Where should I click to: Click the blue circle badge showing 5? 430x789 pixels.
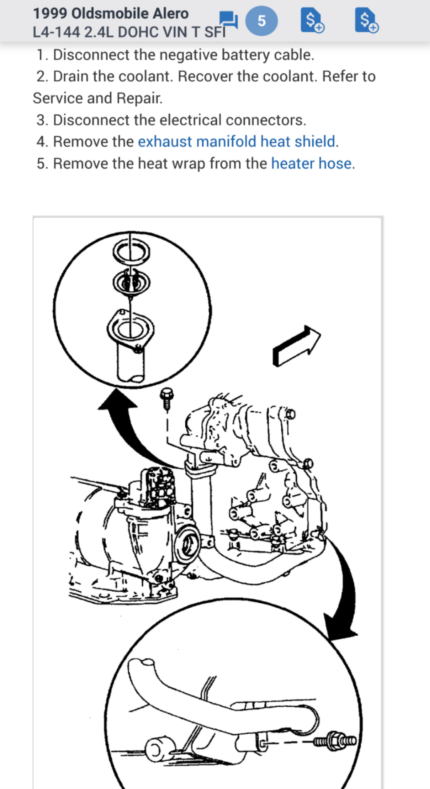click(x=262, y=21)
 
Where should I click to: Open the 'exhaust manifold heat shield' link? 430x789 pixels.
click(x=236, y=142)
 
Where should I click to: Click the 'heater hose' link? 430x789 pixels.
click(x=311, y=164)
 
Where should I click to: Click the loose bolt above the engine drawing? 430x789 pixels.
click(x=166, y=399)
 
